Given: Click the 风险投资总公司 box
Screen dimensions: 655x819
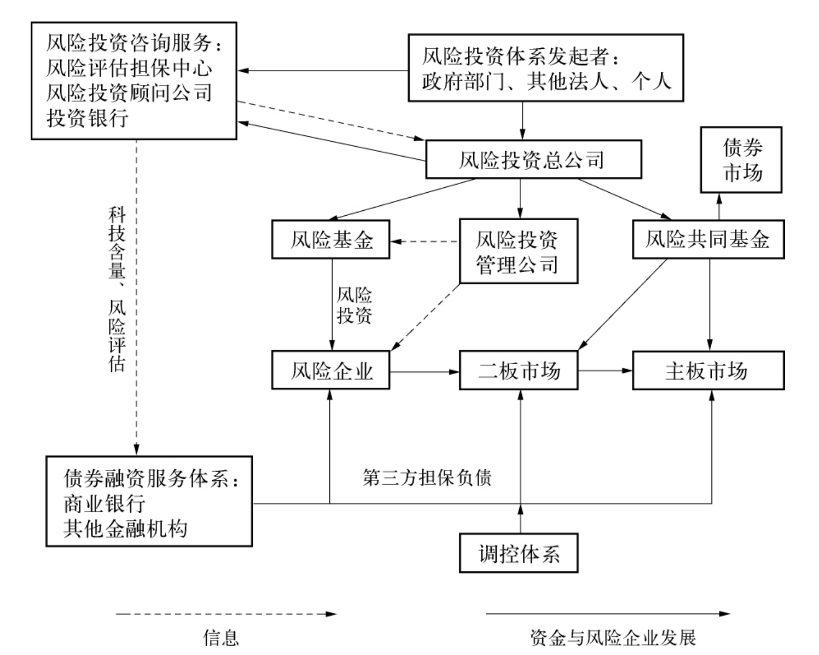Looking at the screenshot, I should click(533, 159).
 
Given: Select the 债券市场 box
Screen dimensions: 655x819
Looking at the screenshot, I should click(741, 160).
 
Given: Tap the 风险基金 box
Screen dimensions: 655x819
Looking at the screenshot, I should click(330, 239).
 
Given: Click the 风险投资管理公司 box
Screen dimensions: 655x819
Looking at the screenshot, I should click(518, 251).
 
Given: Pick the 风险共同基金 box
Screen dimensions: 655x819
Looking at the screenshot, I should click(708, 239).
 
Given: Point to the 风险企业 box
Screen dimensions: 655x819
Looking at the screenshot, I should click(330, 371).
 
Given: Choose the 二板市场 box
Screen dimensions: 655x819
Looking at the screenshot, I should click(518, 371).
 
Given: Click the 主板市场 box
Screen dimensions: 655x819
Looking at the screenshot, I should click(708, 371).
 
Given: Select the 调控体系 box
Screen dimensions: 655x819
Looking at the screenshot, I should click(518, 553).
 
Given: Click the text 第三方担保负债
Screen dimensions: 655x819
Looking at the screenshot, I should click(427, 477).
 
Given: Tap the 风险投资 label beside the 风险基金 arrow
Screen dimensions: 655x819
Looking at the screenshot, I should click(354, 305).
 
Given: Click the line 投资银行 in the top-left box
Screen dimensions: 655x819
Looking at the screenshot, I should click(88, 117).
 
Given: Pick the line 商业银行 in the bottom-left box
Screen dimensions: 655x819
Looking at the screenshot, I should click(104, 503).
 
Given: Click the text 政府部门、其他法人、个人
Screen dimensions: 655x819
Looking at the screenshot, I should click(546, 81).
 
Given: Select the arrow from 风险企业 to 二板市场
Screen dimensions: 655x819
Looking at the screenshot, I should click(425, 372).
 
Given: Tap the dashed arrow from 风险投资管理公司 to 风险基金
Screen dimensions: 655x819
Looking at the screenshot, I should click(425, 241).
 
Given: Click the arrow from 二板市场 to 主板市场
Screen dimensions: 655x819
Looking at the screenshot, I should click(605, 371).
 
